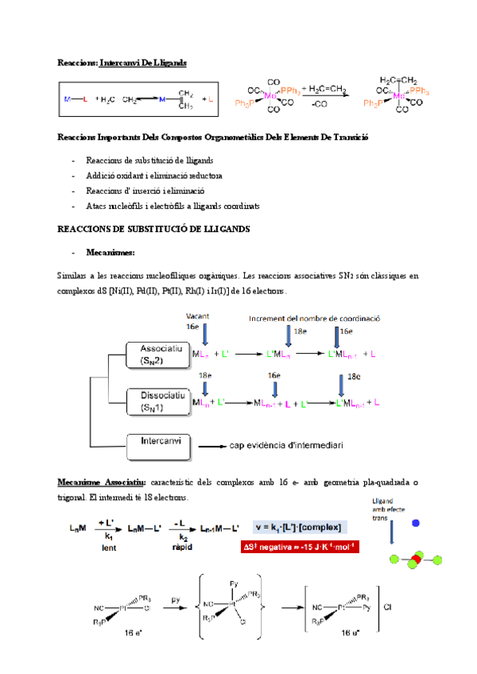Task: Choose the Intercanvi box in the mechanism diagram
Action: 158,446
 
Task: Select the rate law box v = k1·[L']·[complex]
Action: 299,527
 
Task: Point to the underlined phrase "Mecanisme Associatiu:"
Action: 101,482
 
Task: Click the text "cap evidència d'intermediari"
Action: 286,446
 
